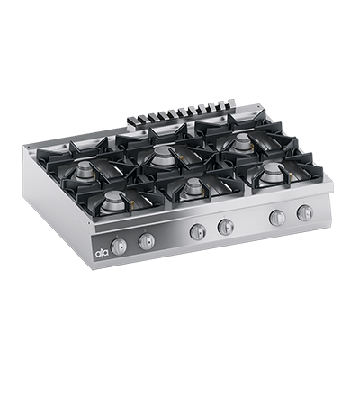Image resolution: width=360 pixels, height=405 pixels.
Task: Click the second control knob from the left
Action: pyautogui.click(x=146, y=239)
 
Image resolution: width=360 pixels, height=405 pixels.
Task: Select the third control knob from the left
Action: pyautogui.click(x=197, y=231)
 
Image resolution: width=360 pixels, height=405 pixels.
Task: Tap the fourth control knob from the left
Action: pyautogui.click(x=225, y=227)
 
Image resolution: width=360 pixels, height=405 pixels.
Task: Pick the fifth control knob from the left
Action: pyautogui.click(x=277, y=218)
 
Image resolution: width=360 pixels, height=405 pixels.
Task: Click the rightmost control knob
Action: pyautogui.click(x=305, y=213)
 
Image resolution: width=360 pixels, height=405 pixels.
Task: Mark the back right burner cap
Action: pyautogui.click(x=241, y=142)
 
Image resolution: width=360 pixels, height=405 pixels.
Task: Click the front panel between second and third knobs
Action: pyautogui.click(x=171, y=237)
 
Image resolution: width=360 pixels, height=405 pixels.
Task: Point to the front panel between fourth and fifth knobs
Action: pyautogui.click(x=251, y=223)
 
